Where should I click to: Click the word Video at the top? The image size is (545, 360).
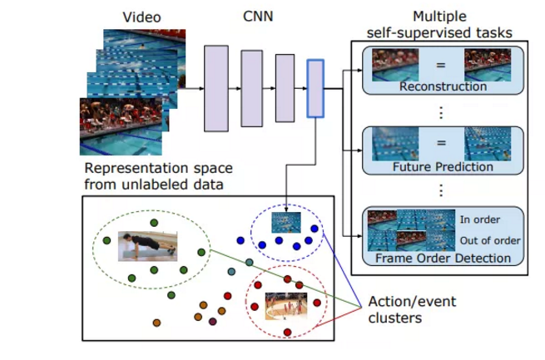click(141, 17)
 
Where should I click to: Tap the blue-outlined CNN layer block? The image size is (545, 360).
click(315, 87)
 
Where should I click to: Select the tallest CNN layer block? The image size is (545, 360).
click(216, 87)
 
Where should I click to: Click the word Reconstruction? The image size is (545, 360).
click(443, 86)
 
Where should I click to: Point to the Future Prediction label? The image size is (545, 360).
click(443, 167)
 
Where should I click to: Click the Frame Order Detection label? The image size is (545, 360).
click(443, 258)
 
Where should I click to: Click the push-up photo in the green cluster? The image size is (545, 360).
click(146, 245)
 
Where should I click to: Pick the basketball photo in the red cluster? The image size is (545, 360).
click(286, 307)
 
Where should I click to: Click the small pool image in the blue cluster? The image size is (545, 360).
click(286, 222)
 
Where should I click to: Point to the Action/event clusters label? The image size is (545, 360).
click(402, 309)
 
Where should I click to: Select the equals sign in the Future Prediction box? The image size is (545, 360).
click(443, 142)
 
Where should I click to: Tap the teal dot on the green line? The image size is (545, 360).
click(250, 263)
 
